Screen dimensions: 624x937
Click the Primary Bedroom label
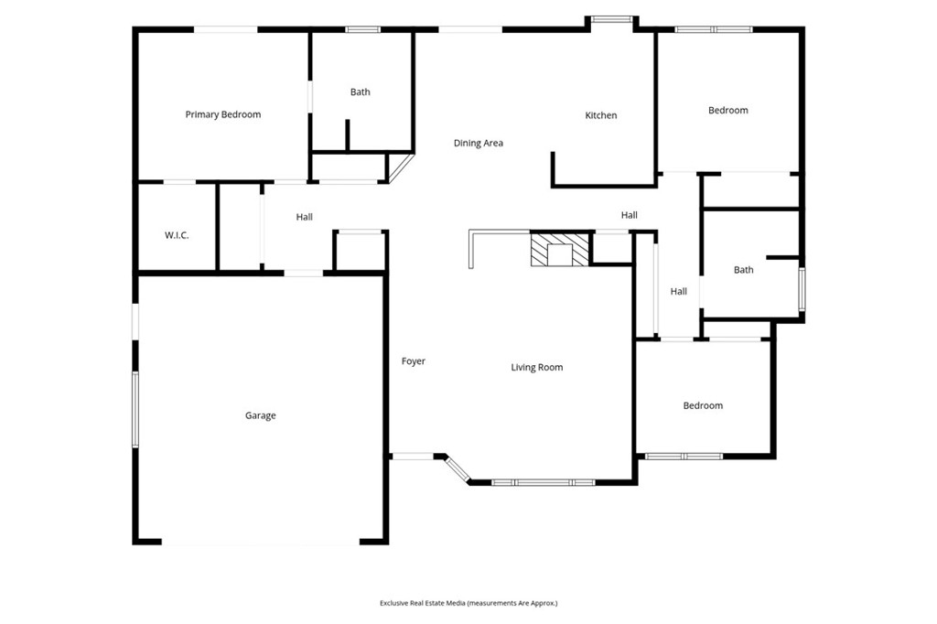pyautogui.click(x=222, y=114)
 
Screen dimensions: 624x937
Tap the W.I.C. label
pyautogui.click(x=177, y=235)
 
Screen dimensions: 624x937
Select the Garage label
pyautogui.click(x=260, y=415)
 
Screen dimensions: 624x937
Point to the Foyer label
pyautogui.click(x=414, y=361)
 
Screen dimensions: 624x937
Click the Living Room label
pyautogui.click(x=536, y=367)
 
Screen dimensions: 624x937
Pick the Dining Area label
pyautogui.click(x=479, y=143)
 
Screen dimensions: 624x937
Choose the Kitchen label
pyautogui.click(x=601, y=115)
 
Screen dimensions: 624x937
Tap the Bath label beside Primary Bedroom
pyautogui.click(x=361, y=91)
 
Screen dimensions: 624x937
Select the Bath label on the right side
pyautogui.click(x=744, y=270)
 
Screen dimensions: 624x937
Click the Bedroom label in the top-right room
pyautogui.click(x=728, y=110)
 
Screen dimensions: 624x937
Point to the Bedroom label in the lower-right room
pyautogui.click(x=703, y=405)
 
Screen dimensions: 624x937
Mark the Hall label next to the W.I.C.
pyautogui.click(x=305, y=217)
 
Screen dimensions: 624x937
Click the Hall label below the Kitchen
pyautogui.click(x=630, y=215)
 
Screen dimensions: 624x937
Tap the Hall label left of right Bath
pyautogui.click(x=678, y=292)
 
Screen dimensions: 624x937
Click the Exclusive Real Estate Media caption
pyautogui.click(x=468, y=603)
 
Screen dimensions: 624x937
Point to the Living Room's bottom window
pyautogui.click(x=544, y=482)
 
